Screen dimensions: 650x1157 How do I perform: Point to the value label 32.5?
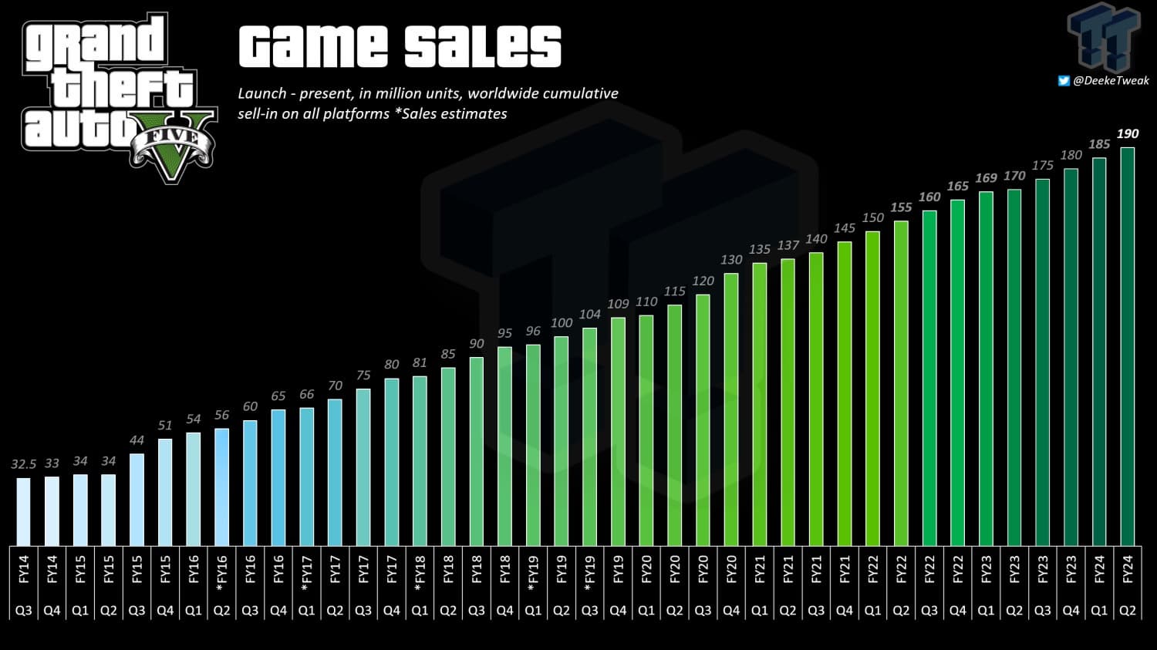click(x=23, y=464)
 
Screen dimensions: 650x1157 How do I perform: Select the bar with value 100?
click(x=562, y=440)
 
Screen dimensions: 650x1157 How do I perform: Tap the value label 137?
click(x=788, y=245)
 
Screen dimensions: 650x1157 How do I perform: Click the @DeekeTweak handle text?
click(x=1111, y=80)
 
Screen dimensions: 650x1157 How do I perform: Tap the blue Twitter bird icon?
click(x=1064, y=80)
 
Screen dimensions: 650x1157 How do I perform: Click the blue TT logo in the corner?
click(x=1104, y=37)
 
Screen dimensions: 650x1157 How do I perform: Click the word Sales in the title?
click(x=483, y=46)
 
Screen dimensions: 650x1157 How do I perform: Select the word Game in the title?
click(x=313, y=46)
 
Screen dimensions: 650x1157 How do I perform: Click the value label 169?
click(x=986, y=178)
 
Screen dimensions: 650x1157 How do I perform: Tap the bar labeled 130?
click(x=731, y=409)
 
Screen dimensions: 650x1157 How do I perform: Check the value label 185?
click(x=1099, y=144)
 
